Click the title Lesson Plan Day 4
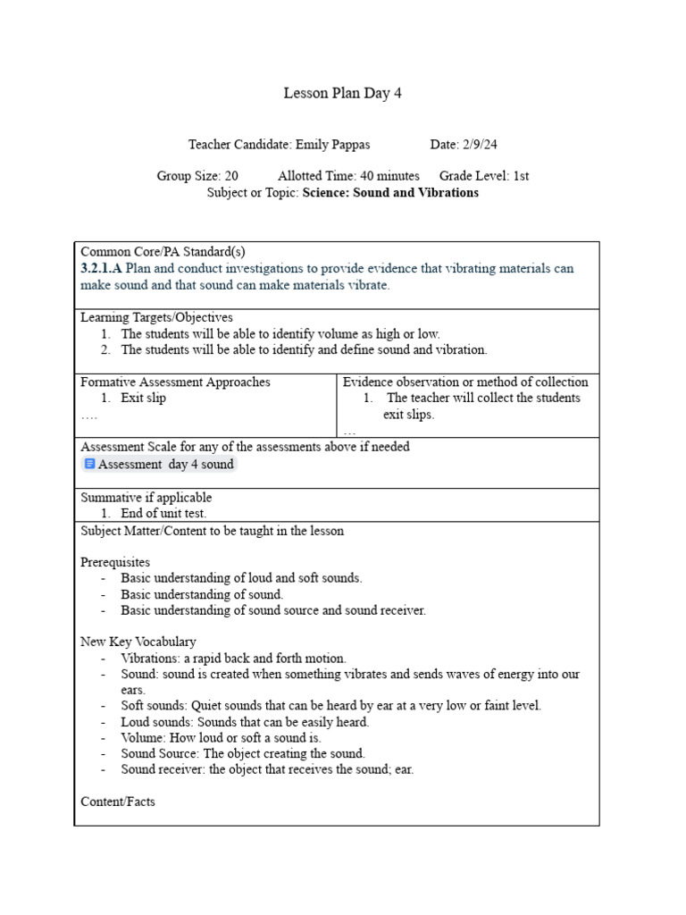pyautogui.click(x=342, y=93)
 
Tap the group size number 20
pyautogui.click(x=230, y=176)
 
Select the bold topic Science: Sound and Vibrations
pyautogui.click(x=390, y=192)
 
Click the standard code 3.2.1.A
pyautogui.click(x=101, y=268)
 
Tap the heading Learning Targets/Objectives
pyautogui.click(x=156, y=317)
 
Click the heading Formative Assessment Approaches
pyautogui.click(x=175, y=382)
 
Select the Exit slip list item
pyautogui.click(x=143, y=398)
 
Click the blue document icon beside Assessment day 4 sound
pyautogui.click(x=89, y=464)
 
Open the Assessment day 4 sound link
pyautogui.click(x=165, y=464)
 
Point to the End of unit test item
pyautogui.click(x=163, y=513)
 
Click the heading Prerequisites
pyautogui.click(x=115, y=562)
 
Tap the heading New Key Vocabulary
pyautogui.click(x=138, y=642)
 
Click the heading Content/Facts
pyautogui.click(x=118, y=802)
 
